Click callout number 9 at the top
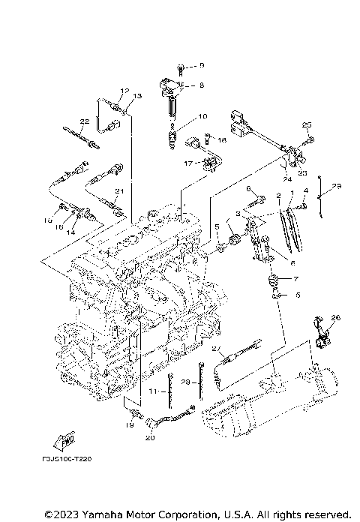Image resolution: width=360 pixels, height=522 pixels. (200, 66)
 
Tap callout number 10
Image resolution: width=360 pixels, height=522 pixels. (201, 117)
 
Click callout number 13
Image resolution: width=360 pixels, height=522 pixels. (137, 97)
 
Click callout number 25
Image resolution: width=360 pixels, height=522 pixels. (306, 124)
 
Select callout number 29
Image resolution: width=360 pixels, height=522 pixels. (336, 185)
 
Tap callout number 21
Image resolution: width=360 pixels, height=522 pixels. (118, 192)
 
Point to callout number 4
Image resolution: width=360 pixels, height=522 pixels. (305, 191)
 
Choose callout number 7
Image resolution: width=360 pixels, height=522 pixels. (295, 278)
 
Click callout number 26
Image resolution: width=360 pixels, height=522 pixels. (335, 318)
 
